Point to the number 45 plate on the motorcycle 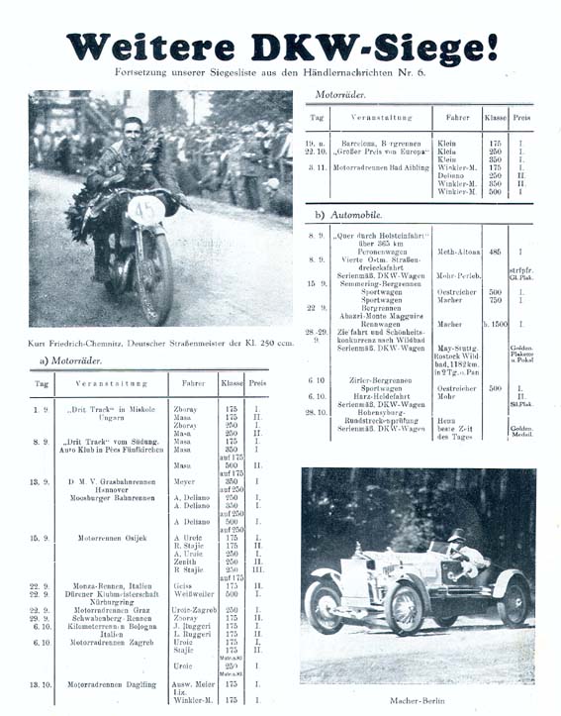coord(144,209)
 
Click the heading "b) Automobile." coord(346,214)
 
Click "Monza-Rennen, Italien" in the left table coord(99,585)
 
